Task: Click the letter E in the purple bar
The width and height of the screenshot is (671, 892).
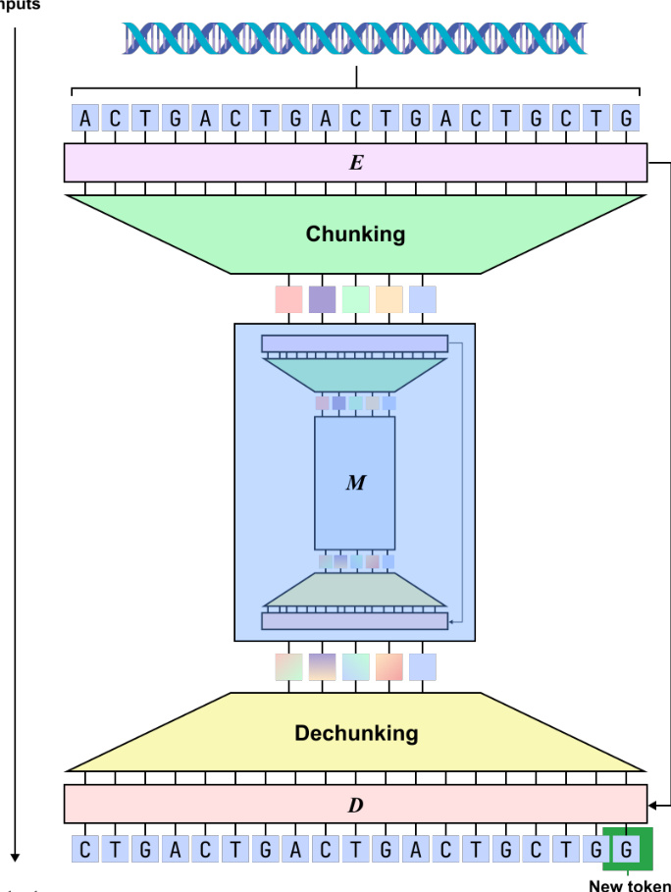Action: [355, 163]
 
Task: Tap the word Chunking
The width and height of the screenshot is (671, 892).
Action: [355, 235]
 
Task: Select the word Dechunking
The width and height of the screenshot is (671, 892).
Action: [356, 733]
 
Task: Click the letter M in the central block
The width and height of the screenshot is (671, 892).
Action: [355, 483]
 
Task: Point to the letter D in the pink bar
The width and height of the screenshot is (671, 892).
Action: [355, 806]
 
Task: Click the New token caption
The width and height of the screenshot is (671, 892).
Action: [630, 885]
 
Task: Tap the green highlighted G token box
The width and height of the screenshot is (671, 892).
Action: [627, 849]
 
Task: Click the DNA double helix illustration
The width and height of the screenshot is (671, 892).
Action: [355, 38]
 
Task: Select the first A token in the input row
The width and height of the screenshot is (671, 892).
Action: [85, 119]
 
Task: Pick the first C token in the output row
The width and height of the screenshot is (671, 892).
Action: [85, 849]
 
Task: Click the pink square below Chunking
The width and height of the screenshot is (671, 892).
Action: [288, 299]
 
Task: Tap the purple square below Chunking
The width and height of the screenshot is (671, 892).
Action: [322, 299]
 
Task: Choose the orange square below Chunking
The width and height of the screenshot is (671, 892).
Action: [388, 299]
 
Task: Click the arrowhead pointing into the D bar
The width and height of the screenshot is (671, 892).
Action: [651, 806]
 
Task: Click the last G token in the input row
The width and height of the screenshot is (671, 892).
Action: [627, 119]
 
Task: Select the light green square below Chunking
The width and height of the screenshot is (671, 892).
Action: [355, 299]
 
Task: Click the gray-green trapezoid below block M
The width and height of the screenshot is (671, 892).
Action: [355, 590]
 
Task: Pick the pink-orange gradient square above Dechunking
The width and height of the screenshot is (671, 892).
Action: [388, 667]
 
